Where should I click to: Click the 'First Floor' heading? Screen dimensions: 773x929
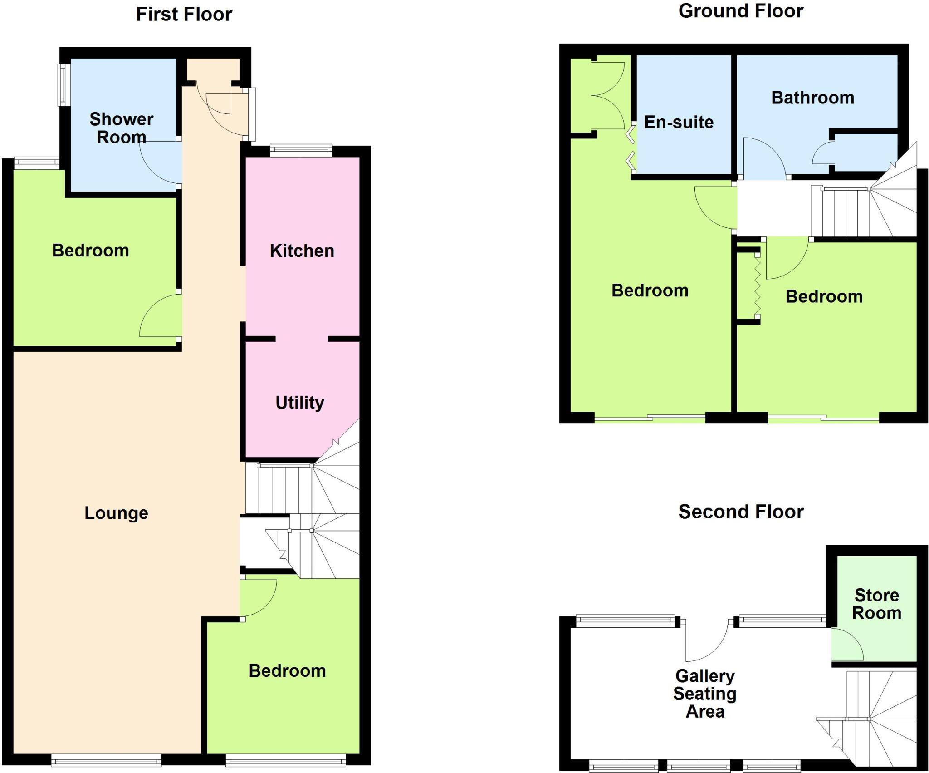pyautogui.click(x=184, y=15)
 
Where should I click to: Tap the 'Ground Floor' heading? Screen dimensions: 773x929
pyautogui.click(x=741, y=11)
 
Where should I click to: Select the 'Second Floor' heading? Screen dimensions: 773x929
pyautogui.click(x=741, y=512)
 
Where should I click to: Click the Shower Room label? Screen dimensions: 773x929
pyautogui.click(x=122, y=128)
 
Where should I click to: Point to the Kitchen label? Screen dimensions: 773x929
pyautogui.click(x=302, y=251)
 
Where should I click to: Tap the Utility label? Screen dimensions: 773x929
pyautogui.click(x=300, y=402)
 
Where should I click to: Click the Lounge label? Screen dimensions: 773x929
pyautogui.click(x=116, y=513)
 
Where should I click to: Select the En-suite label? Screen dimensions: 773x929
pyautogui.click(x=679, y=122)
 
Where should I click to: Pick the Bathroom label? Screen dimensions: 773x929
pyautogui.click(x=812, y=98)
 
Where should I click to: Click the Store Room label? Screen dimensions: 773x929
pyautogui.click(x=876, y=604)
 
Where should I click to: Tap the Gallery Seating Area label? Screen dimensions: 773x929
pyautogui.click(x=705, y=693)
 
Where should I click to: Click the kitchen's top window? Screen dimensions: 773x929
pyautogui.click(x=301, y=150)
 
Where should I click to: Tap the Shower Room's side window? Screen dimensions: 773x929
pyautogui.click(x=64, y=85)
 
